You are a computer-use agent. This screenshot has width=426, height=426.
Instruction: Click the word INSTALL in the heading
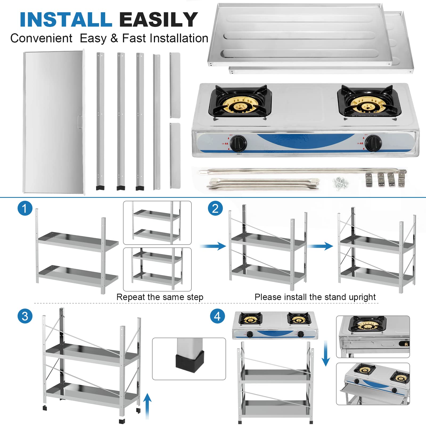pyautogui.click(x=66, y=20)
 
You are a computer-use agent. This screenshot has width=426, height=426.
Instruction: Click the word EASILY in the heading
pyautogui.click(x=158, y=20)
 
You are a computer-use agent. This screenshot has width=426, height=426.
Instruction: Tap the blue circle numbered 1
pyautogui.click(x=25, y=208)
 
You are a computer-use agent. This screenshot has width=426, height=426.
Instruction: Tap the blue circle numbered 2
pyautogui.click(x=215, y=208)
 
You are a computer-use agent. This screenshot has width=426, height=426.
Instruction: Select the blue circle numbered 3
pyautogui.click(x=25, y=316)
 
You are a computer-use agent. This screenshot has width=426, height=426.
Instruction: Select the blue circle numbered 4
pyautogui.click(x=217, y=316)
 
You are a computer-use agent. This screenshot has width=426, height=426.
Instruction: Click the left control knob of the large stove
pyautogui.click(x=238, y=144)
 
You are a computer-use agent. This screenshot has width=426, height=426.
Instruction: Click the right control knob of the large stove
pyautogui.click(x=373, y=143)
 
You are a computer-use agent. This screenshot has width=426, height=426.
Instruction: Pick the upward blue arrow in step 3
pyautogui.click(x=147, y=406)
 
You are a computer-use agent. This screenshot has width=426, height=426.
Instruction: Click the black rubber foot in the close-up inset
pyautogui.click(x=190, y=361)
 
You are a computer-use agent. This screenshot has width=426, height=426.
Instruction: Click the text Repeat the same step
pyautogui.click(x=160, y=297)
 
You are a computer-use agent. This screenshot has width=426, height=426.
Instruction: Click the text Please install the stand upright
pyautogui.click(x=315, y=297)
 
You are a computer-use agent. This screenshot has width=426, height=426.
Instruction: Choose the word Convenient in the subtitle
pyautogui.click(x=41, y=38)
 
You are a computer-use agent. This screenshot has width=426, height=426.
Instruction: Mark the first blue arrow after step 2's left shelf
pyautogui.click(x=213, y=246)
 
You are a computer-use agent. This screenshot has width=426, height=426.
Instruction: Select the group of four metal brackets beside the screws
pyautogui.click(x=385, y=179)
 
